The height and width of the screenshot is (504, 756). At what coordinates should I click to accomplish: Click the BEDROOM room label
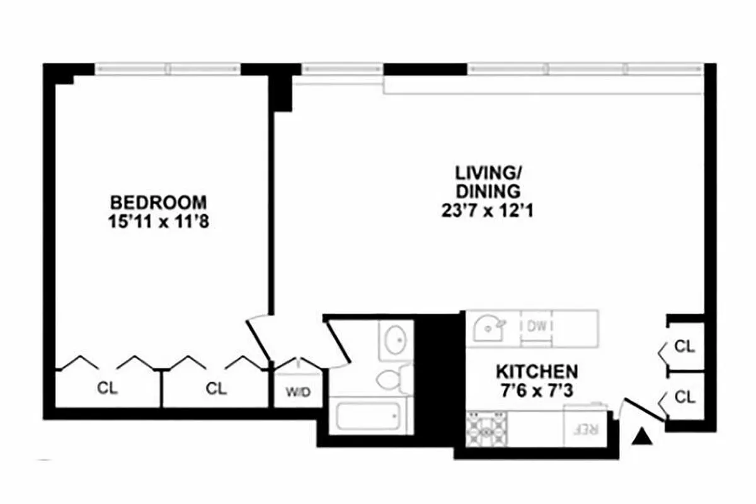(x=158, y=203)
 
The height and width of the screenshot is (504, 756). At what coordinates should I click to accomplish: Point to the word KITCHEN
(x=536, y=370)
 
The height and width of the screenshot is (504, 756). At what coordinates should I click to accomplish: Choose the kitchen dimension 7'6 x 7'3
(x=536, y=391)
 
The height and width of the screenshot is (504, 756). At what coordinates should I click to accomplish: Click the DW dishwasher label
(x=536, y=327)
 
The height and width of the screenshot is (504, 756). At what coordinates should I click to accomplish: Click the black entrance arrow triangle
(x=642, y=436)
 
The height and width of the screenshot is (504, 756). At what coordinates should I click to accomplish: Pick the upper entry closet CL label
(x=685, y=346)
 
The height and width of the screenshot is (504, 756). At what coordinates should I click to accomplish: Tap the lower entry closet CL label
(x=685, y=397)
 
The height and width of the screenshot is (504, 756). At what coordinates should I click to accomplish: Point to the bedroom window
(x=168, y=68)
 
